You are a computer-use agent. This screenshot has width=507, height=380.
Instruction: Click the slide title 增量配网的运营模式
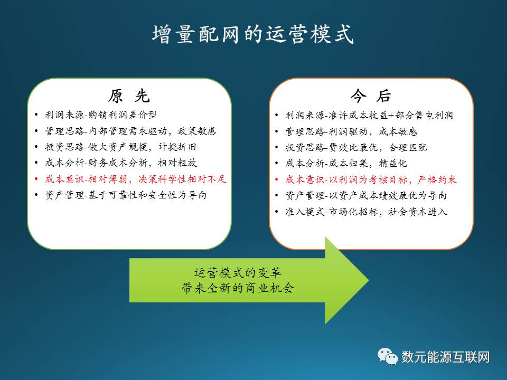coord(253,34)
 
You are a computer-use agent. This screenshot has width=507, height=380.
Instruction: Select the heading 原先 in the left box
coord(129,96)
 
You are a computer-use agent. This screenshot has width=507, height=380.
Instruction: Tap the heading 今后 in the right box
coord(371,96)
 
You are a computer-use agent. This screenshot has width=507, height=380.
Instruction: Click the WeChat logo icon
coord(387,356)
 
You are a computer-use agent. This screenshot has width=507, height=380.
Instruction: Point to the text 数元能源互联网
coord(446,357)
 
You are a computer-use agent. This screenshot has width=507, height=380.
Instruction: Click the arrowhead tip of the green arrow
coord(369,280)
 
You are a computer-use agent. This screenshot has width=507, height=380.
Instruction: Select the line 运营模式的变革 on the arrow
coord(238,273)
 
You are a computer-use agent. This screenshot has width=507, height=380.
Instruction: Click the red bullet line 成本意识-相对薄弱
coord(136,179)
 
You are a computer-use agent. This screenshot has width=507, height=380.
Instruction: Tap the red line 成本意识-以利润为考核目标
coord(371,179)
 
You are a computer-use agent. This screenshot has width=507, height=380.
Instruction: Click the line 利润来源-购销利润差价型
coord(101,115)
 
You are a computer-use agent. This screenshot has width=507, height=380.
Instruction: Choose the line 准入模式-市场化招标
coord(367,212)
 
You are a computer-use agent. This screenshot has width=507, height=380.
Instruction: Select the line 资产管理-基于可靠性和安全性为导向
coord(126,195)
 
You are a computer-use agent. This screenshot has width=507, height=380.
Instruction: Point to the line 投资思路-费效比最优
coord(356,148)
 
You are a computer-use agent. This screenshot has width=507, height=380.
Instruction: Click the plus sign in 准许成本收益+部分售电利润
coord(391,116)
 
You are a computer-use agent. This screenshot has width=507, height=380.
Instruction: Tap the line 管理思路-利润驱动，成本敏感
coord(351,131)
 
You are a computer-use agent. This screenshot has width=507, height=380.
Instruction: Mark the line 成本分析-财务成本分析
coord(121,163)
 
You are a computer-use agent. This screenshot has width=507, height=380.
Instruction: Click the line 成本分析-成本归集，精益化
coord(346,164)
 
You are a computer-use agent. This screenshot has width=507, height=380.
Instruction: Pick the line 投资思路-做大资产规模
coord(120,147)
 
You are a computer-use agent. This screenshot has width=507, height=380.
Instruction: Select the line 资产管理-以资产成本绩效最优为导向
coord(366,195)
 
